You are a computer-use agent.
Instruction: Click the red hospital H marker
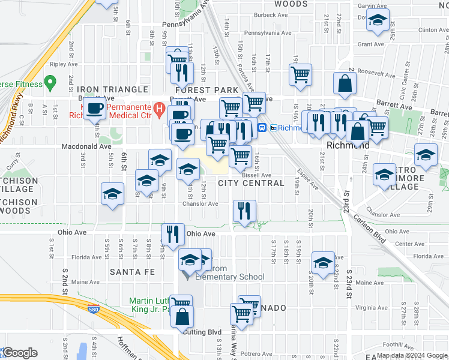click(x=159, y=109)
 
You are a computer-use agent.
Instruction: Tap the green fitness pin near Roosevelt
click(x=50, y=81)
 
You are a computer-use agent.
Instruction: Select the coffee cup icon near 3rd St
click(x=95, y=109)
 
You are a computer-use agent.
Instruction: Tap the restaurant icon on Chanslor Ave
click(x=244, y=211)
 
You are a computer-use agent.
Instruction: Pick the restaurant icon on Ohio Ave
click(x=173, y=234)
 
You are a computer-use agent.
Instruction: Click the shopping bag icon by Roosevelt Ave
click(x=346, y=85)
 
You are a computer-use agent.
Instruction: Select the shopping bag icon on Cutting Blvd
click(x=182, y=316)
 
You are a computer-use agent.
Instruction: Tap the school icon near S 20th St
click(x=323, y=262)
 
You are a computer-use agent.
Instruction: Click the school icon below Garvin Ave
click(x=378, y=20)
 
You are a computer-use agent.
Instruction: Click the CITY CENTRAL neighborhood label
click(x=251, y=183)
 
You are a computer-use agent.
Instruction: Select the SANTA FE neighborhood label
click(x=132, y=272)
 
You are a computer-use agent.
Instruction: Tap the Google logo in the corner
click(x=19, y=353)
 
